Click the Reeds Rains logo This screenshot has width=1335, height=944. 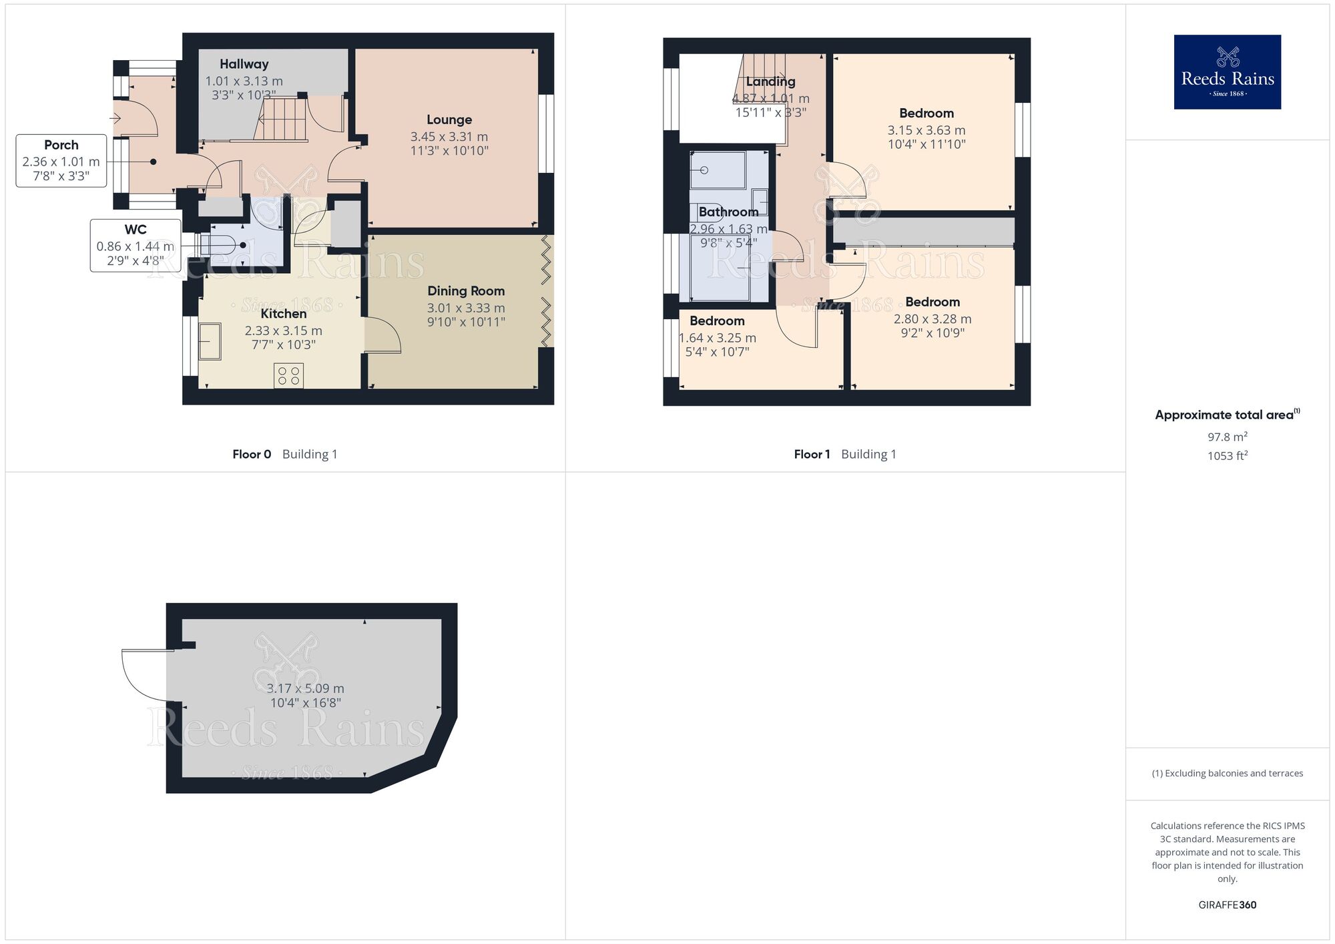pyautogui.click(x=1227, y=72)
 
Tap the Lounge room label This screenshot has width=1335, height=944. pyautogui.click(x=449, y=120)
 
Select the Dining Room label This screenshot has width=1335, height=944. pyautogui.click(x=466, y=291)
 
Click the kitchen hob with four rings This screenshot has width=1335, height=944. pyautogui.click(x=288, y=375)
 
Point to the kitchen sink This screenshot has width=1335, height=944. pyautogui.click(x=210, y=341)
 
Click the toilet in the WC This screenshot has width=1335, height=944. pyautogui.click(x=220, y=245)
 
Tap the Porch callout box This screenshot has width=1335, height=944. pyautogui.click(x=61, y=161)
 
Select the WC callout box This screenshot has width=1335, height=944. pyautogui.click(x=136, y=245)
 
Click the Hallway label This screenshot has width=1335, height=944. pyautogui.click(x=244, y=64)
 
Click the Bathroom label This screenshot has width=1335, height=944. pyautogui.click(x=728, y=212)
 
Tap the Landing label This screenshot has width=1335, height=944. pyautogui.click(x=770, y=82)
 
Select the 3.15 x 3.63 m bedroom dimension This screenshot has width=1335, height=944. pyautogui.click(x=926, y=131)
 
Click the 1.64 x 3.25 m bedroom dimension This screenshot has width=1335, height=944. pyautogui.click(x=718, y=338)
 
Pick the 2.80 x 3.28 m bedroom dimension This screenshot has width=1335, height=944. pyautogui.click(x=932, y=320)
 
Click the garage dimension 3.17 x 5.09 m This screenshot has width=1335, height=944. pyautogui.click(x=306, y=689)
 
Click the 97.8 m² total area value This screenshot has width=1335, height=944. pyautogui.click(x=1227, y=437)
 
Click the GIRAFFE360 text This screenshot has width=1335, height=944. pyautogui.click(x=1227, y=905)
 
